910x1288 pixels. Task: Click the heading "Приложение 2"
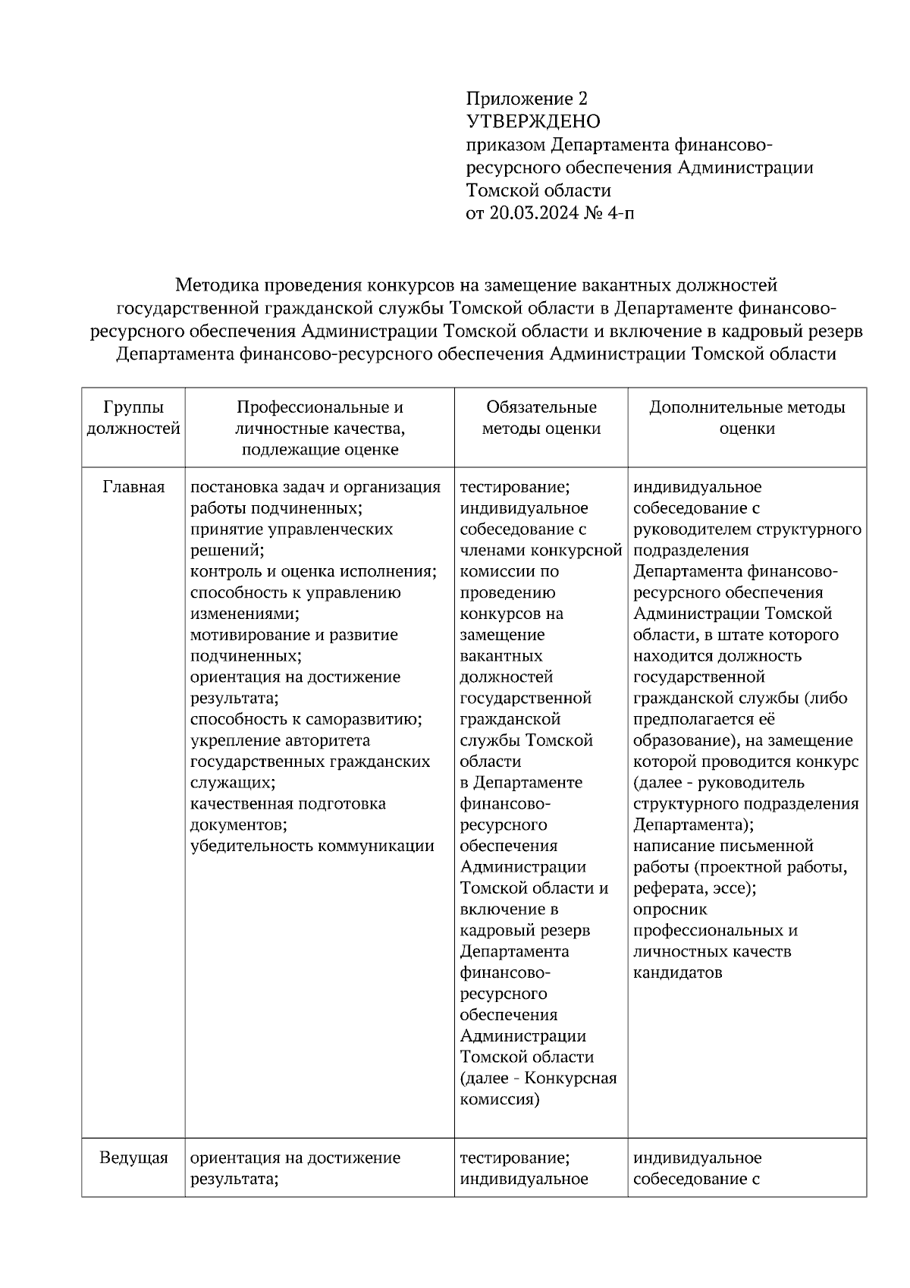526,99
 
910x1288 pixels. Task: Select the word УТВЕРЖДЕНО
532,121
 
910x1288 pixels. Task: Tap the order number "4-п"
620,213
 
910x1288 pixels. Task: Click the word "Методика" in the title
217,286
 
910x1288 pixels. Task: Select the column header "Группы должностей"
133,418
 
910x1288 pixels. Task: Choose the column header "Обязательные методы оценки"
541,418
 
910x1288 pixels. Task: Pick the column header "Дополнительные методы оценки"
747,418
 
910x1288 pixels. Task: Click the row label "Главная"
133,487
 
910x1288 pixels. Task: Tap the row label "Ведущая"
133,1158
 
